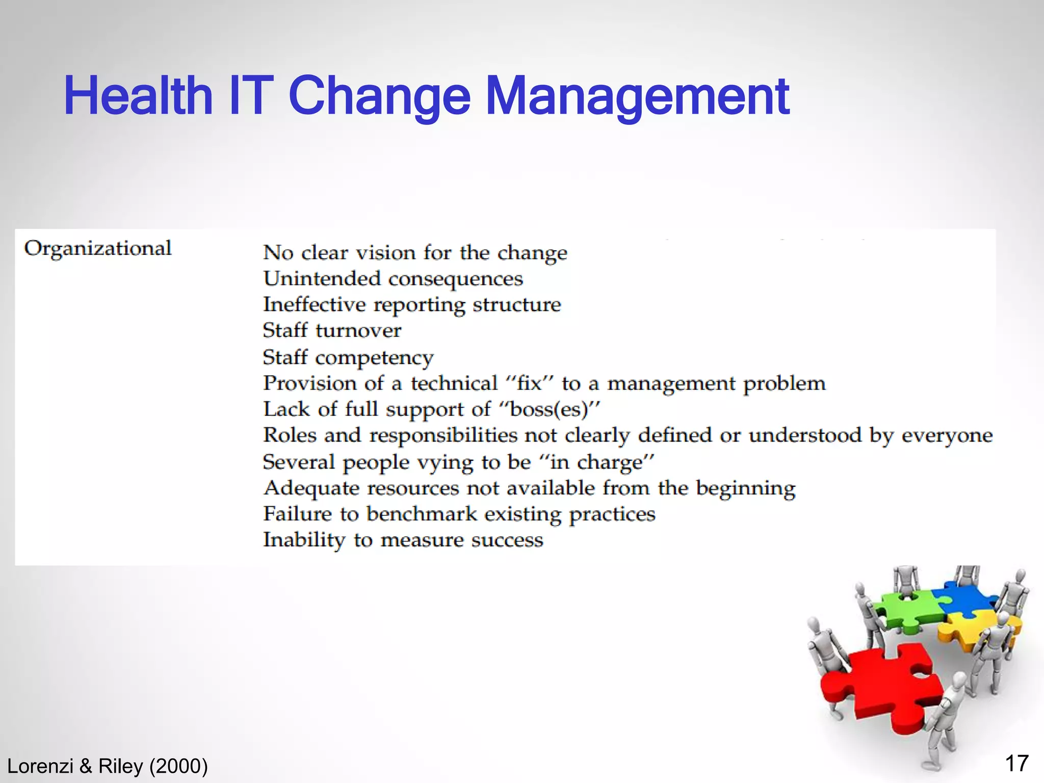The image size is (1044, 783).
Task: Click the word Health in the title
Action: [138, 96]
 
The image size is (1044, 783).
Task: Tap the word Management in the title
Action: [637, 97]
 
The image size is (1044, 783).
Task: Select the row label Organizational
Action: [98, 249]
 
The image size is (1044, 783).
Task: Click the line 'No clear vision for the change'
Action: [415, 253]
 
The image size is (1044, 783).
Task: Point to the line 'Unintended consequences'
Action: [393, 279]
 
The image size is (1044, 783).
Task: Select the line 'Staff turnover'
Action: [332, 331]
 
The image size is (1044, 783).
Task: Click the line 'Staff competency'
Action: [348, 357]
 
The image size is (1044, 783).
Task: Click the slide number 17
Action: [1016, 764]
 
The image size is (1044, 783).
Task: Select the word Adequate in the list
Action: [311, 488]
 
